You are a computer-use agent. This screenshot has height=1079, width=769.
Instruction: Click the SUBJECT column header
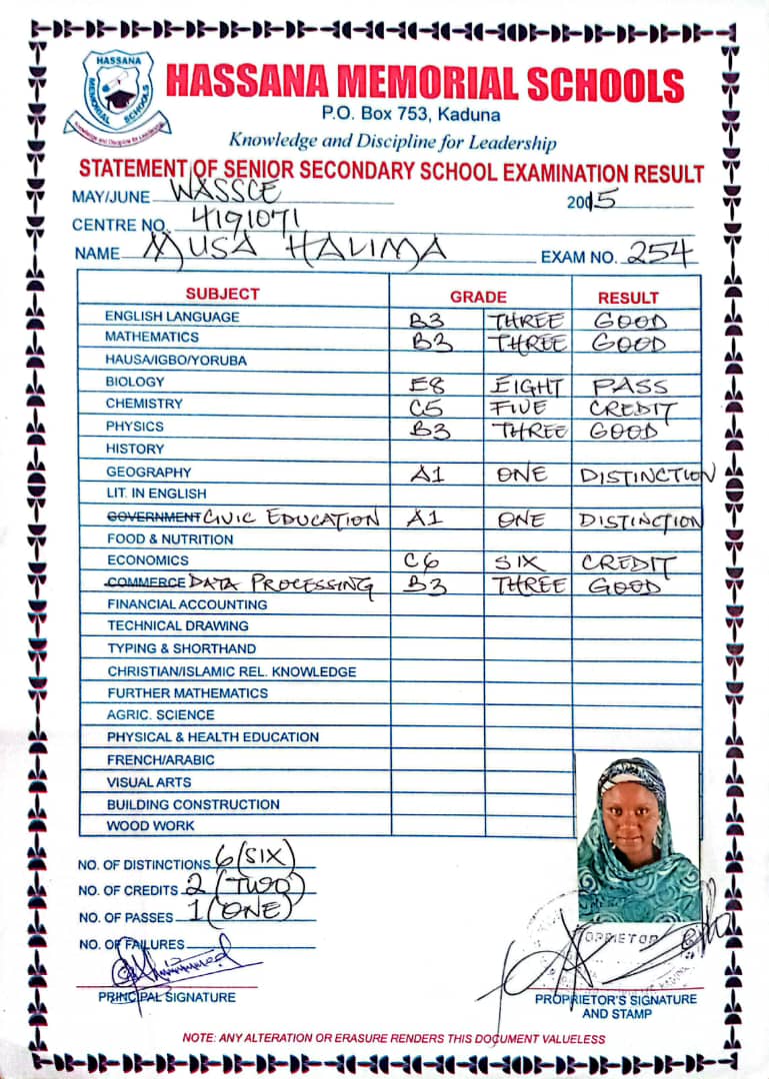point(222,295)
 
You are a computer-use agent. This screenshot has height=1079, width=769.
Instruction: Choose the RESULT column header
point(628,298)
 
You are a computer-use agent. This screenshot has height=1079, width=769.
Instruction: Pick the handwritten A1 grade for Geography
point(428,476)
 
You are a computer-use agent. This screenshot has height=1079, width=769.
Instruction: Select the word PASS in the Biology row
point(629,386)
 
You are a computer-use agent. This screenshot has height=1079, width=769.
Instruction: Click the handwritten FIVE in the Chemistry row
point(520,408)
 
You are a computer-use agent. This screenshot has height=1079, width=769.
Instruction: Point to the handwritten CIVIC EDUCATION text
point(291,519)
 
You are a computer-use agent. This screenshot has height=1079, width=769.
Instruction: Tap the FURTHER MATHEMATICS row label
point(187,693)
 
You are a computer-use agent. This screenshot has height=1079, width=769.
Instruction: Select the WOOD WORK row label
point(151,826)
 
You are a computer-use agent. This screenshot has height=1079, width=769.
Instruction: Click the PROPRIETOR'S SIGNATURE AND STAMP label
point(615,1006)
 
